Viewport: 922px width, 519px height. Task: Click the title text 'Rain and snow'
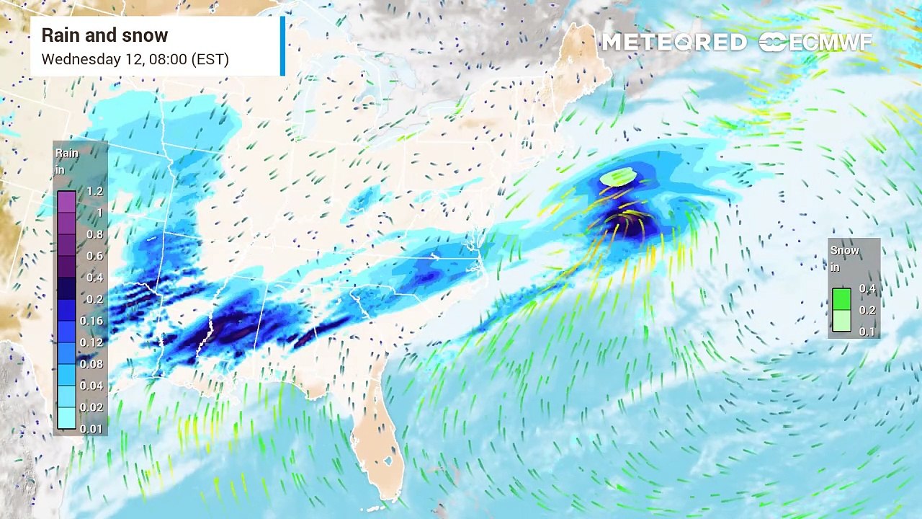[104, 35]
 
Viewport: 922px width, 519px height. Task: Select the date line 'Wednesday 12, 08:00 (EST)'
[135, 59]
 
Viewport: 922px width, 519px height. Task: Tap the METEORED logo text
[673, 43]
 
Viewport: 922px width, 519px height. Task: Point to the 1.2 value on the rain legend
[95, 192]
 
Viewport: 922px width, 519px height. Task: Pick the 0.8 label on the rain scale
[95, 234]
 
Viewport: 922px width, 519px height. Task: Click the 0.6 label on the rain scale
[95, 256]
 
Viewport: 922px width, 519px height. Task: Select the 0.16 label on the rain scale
[91, 321]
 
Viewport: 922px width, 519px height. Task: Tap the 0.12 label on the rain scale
[91, 342]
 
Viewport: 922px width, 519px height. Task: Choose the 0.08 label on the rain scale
[91, 364]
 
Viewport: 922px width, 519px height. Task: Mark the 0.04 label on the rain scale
[91, 386]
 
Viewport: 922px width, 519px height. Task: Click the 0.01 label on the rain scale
[91, 429]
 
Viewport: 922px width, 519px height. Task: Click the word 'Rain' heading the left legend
[67, 154]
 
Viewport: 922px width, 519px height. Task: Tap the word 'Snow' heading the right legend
[845, 251]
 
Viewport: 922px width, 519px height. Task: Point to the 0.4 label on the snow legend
[867, 288]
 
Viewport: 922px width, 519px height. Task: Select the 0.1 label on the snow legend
[867, 332]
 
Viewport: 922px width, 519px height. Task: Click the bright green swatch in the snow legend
[841, 298]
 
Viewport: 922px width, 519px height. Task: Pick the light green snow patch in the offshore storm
[618, 175]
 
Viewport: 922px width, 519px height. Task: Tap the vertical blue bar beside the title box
[283, 46]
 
